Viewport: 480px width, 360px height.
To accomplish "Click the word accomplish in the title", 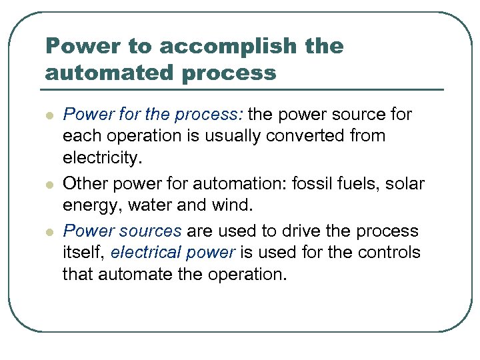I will [x=216, y=47].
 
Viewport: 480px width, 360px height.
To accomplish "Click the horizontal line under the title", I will [x=244, y=89].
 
